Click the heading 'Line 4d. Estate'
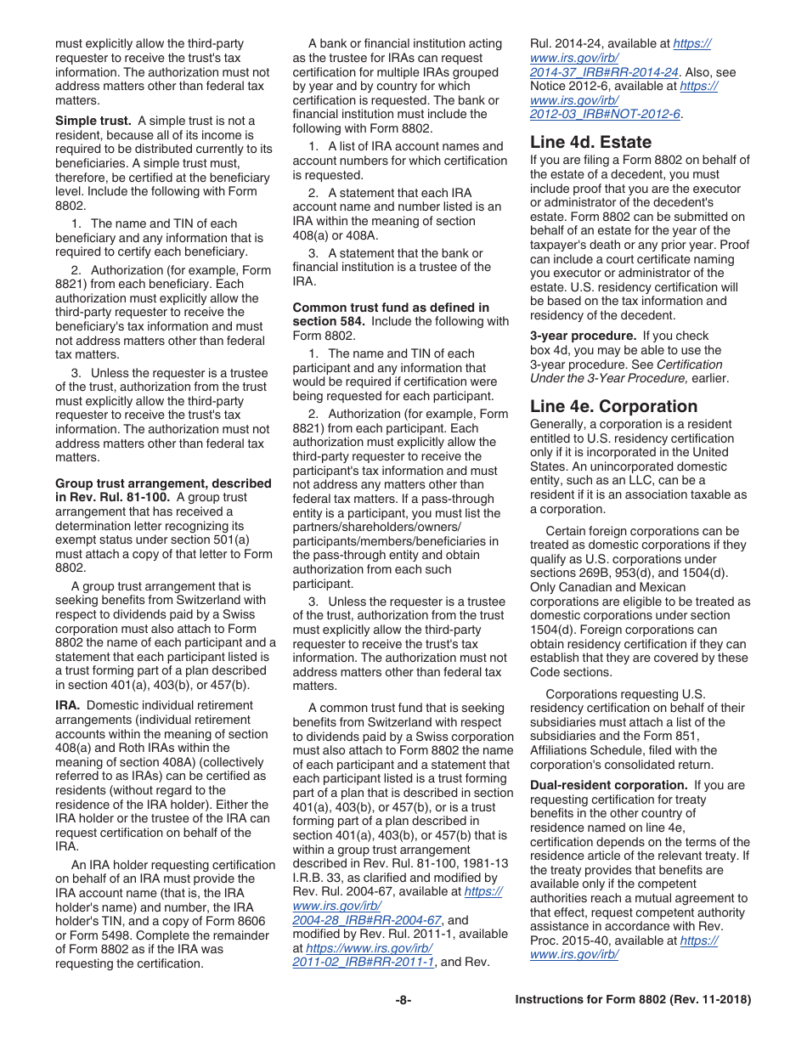591,142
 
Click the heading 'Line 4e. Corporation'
613,406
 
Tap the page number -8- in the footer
403,1000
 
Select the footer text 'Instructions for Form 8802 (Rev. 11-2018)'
633,1000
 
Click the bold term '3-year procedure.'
583,336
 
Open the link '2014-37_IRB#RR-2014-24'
604,72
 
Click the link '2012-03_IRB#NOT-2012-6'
606,114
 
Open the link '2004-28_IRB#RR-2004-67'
367,920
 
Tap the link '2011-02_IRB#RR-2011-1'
364,962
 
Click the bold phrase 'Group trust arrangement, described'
163,483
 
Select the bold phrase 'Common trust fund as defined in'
391,307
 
